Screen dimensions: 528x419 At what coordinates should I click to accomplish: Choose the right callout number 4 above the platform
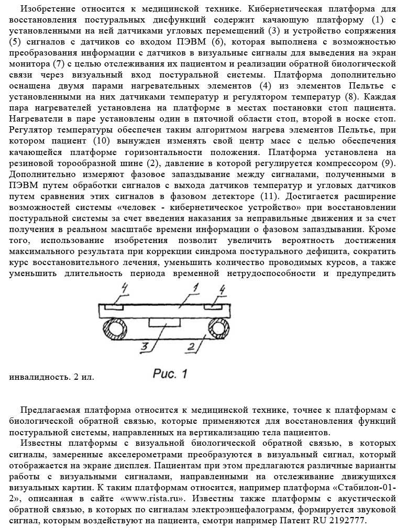click(x=223, y=289)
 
